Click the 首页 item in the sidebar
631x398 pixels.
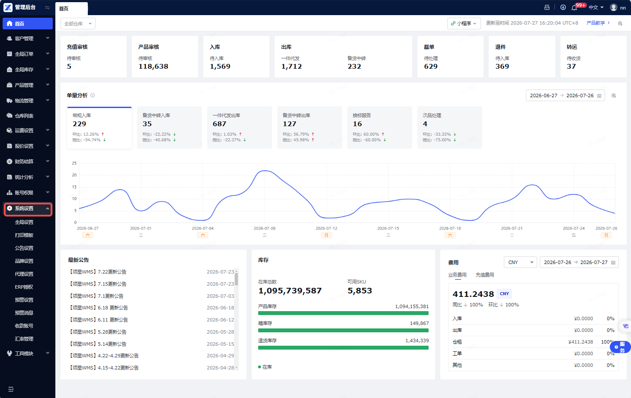point(28,23)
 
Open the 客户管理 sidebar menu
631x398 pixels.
point(28,38)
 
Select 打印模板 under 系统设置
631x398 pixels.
point(24,235)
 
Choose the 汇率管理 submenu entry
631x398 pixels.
point(24,339)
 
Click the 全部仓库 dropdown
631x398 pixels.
point(78,24)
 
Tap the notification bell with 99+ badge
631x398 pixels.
point(574,8)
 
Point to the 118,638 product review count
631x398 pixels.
point(153,67)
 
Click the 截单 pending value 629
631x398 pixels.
point(431,67)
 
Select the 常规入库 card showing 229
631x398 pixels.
point(99,127)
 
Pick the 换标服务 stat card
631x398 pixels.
point(379,127)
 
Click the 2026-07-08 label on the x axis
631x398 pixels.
point(265,228)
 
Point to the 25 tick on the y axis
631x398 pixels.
point(74,163)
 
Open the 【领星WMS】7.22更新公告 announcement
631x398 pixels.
point(97,272)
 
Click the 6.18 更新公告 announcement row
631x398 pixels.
point(98,308)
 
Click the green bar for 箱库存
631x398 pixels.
point(343,331)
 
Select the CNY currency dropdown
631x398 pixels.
point(520,262)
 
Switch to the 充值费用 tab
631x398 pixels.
point(484,275)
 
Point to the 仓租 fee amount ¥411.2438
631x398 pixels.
point(580,342)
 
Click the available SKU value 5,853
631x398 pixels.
point(360,291)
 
